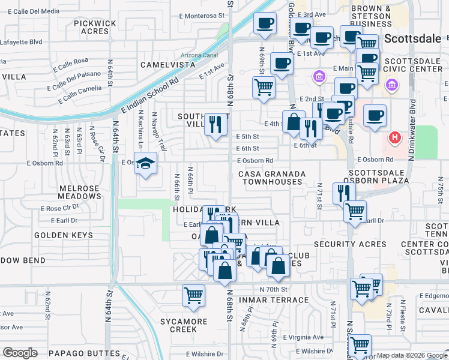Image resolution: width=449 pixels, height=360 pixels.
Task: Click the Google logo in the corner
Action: pos(20,353)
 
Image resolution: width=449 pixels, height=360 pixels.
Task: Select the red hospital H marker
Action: pos(394,138)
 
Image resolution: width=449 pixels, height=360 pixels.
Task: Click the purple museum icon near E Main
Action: pos(319,77)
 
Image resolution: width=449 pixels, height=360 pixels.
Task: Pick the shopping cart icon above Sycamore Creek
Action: pos(194,295)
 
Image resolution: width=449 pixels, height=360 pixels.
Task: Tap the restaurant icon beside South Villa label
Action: pos(216,124)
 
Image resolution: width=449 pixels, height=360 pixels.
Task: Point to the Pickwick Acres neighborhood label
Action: pos(95,27)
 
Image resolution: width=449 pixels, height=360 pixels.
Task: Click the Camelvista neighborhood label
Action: pos(168,64)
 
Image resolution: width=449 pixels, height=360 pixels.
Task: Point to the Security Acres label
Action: pos(350,244)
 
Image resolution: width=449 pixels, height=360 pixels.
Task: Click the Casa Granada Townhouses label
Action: pos(273,178)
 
